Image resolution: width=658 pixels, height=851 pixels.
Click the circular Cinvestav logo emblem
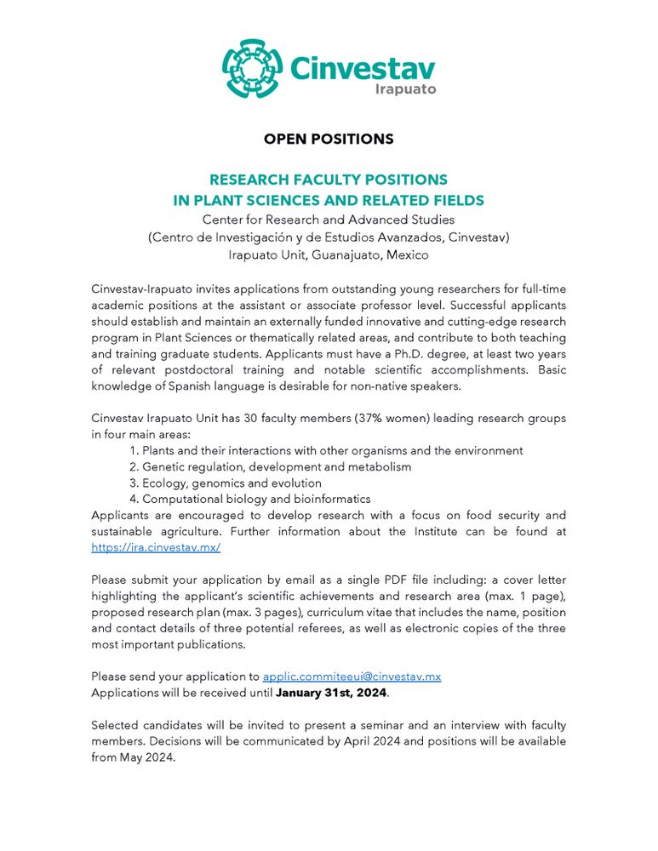251,68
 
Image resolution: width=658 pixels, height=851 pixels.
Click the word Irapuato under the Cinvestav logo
405,89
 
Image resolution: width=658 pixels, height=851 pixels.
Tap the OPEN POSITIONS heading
329,139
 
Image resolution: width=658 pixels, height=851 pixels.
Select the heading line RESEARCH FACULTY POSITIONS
329,180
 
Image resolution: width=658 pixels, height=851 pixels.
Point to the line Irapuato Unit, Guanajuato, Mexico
329,254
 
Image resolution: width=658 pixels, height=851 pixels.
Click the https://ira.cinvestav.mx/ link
156,548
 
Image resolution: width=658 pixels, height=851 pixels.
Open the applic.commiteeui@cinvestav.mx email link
352,677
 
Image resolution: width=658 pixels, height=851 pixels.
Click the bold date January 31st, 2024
331,693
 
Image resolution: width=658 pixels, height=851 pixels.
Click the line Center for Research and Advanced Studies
329,220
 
